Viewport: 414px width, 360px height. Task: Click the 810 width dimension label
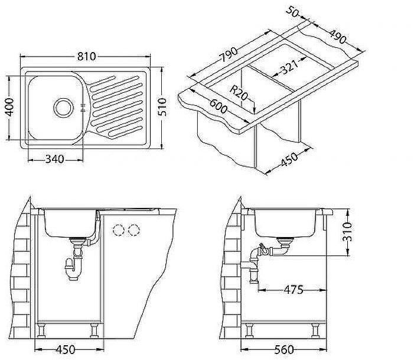(x=86, y=57)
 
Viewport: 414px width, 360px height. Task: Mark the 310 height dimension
(x=347, y=232)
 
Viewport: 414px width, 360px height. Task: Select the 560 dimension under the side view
(x=284, y=349)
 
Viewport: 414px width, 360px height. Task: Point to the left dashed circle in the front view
(x=119, y=229)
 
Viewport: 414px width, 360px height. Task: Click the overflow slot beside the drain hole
(x=82, y=107)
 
